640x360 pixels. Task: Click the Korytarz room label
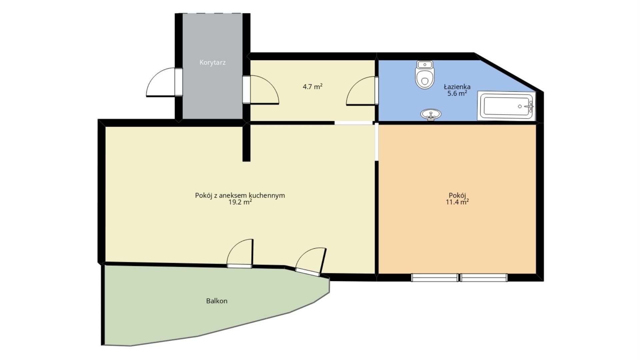[x=212, y=62]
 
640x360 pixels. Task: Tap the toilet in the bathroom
[x=425, y=75]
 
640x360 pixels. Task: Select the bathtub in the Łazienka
[x=506, y=106]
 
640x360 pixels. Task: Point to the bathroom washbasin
[x=431, y=114]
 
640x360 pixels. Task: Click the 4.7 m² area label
[x=312, y=87]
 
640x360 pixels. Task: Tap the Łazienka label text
[x=457, y=87]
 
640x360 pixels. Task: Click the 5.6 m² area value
[x=457, y=94]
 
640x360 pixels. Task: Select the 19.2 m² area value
[x=240, y=202]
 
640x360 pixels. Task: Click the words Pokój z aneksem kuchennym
[x=240, y=195]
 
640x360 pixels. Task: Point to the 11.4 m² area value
[x=457, y=202]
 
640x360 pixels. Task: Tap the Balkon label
[x=217, y=301]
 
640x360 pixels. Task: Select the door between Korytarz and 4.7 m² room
[x=260, y=90]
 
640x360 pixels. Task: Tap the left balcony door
[x=240, y=254]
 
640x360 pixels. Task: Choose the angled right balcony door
[x=311, y=262]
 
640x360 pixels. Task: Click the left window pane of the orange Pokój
[x=435, y=278]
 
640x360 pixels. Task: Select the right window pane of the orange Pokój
[x=484, y=278]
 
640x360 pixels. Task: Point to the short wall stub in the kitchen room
[x=246, y=142]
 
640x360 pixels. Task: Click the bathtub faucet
[x=529, y=106]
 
